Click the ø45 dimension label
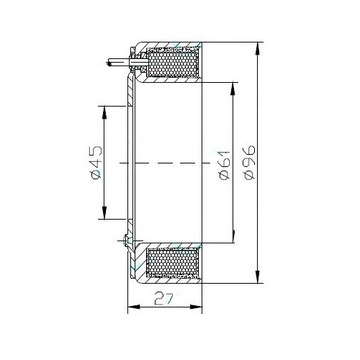(96, 162)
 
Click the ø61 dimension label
(225, 165)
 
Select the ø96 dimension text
(249, 162)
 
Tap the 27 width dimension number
(164, 299)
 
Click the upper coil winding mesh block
(173, 63)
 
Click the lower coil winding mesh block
(173, 263)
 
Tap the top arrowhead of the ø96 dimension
(257, 49)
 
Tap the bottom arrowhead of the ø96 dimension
(257, 277)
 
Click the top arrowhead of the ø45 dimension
(104, 113)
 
